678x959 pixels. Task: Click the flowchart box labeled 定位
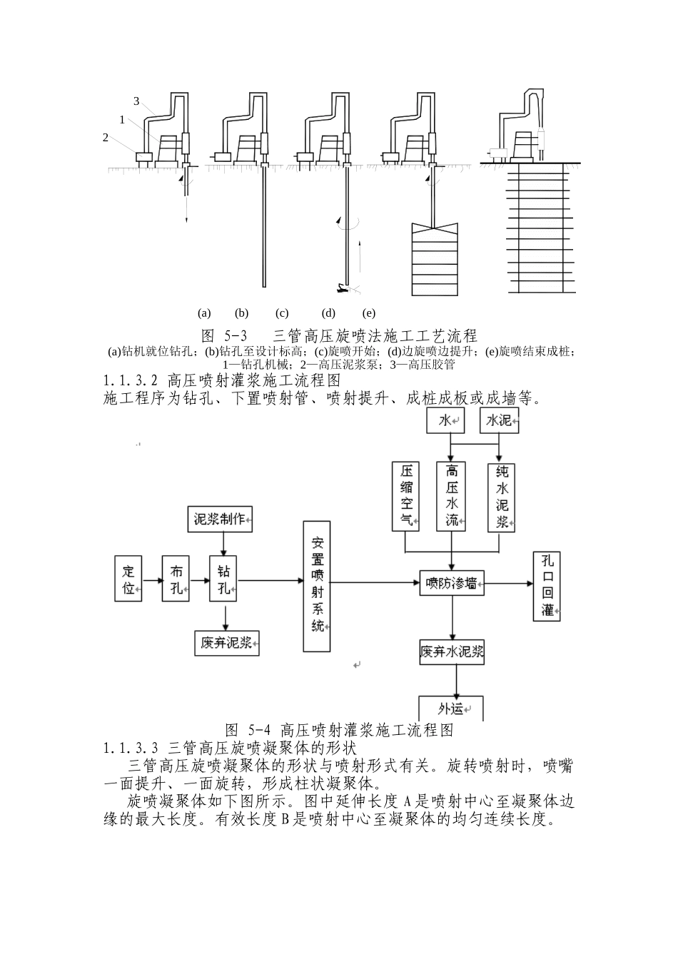click(128, 579)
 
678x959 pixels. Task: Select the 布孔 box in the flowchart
click(176, 579)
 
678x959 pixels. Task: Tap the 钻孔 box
click(223, 579)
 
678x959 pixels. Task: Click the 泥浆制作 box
click(220, 519)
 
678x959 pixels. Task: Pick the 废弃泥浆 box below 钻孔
click(227, 643)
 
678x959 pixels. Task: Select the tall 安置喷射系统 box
click(318, 586)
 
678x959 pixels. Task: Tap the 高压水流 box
click(452, 497)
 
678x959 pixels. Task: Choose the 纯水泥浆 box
click(503, 497)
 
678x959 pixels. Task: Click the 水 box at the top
click(445, 421)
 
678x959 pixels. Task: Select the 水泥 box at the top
click(500, 421)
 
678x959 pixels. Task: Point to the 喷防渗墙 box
click(451, 584)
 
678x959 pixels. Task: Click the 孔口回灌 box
click(548, 586)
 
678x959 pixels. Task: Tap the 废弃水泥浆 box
click(452, 652)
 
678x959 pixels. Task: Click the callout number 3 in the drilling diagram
click(136, 101)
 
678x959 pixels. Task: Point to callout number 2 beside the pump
click(106, 138)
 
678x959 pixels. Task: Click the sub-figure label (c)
click(282, 313)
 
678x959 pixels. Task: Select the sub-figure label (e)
click(368, 313)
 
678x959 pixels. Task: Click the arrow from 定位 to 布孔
click(152, 580)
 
